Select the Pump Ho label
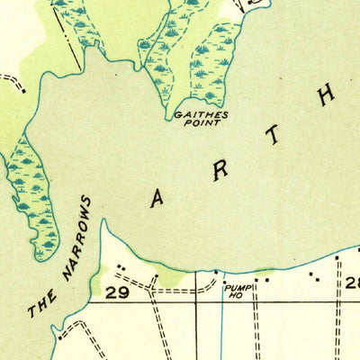pyautogui.click(x=237, y=290)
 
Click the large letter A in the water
pyautogui.click(x=157, y=200)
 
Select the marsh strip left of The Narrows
pyautogui.click(x=31, y=193)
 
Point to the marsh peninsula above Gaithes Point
pyautogui.click(x=214, y=67)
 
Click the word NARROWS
pyautogui.click(x=76, y=236)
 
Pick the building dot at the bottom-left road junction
pyautogui.click(x=58, y=339)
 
